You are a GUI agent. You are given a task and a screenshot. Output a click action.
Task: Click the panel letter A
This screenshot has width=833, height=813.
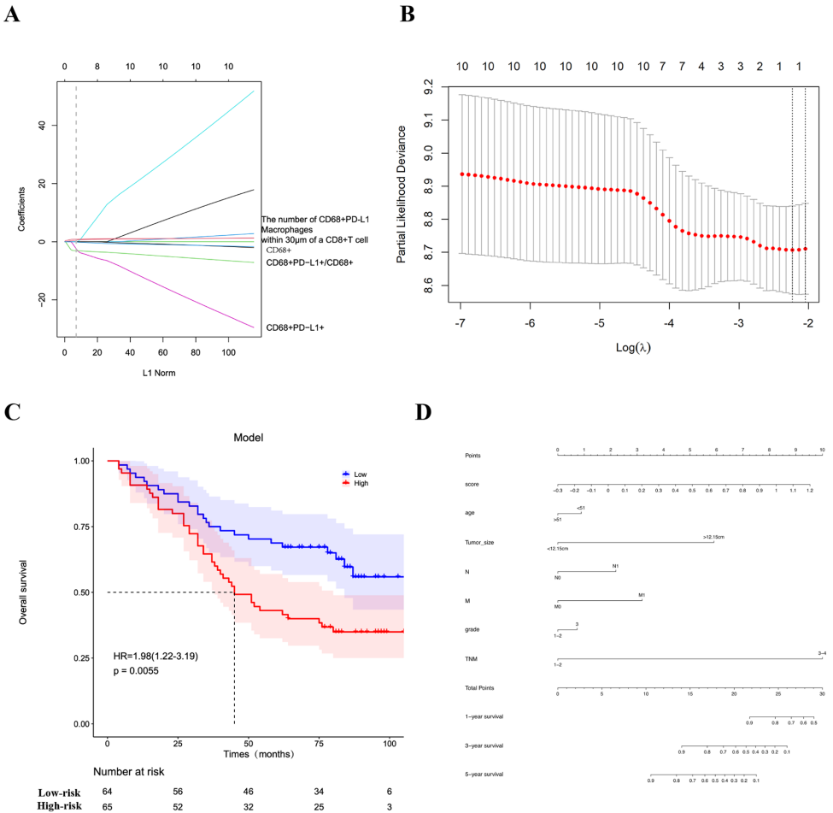tap(13, 15)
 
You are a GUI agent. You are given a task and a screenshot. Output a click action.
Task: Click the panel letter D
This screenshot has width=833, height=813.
tap(425, 411)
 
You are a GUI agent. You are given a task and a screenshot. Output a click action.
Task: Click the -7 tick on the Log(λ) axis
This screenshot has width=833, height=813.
tap(461, 326)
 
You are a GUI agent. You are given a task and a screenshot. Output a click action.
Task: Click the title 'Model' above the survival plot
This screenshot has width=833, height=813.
tap(248, 437)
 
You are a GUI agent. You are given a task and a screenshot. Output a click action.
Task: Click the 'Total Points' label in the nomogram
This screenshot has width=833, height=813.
tap(480, 687)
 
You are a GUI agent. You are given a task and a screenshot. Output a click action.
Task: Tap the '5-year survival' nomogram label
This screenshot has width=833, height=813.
tap(484, 774)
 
